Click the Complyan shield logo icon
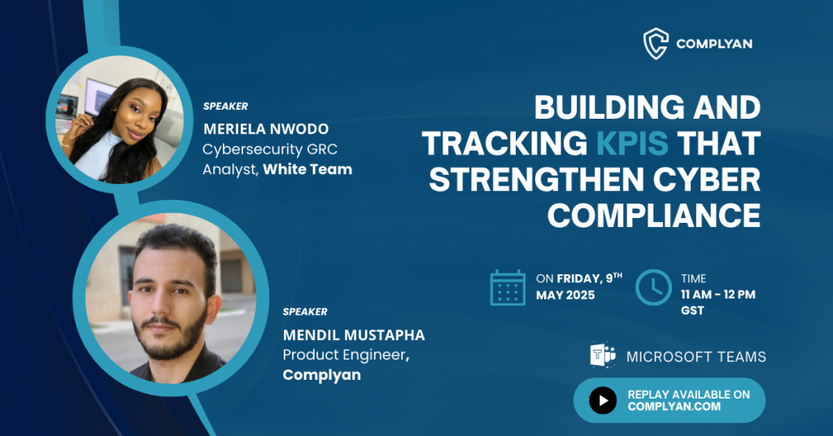(656, 44)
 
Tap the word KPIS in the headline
(632, 143)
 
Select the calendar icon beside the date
(508, 287)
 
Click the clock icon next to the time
(653, 287)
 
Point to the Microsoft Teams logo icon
(603, 355)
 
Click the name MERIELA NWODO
(266, 129)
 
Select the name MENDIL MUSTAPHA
(354, 335)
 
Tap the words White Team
(307, 169)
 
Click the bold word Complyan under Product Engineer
(322, 375)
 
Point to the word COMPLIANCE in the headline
(654, 216)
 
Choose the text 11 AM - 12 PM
(718, 294)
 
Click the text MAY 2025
(565, 295)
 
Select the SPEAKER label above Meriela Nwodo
(226, 107)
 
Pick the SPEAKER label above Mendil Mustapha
(305, 312)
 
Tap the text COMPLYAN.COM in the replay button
(674, 407)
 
